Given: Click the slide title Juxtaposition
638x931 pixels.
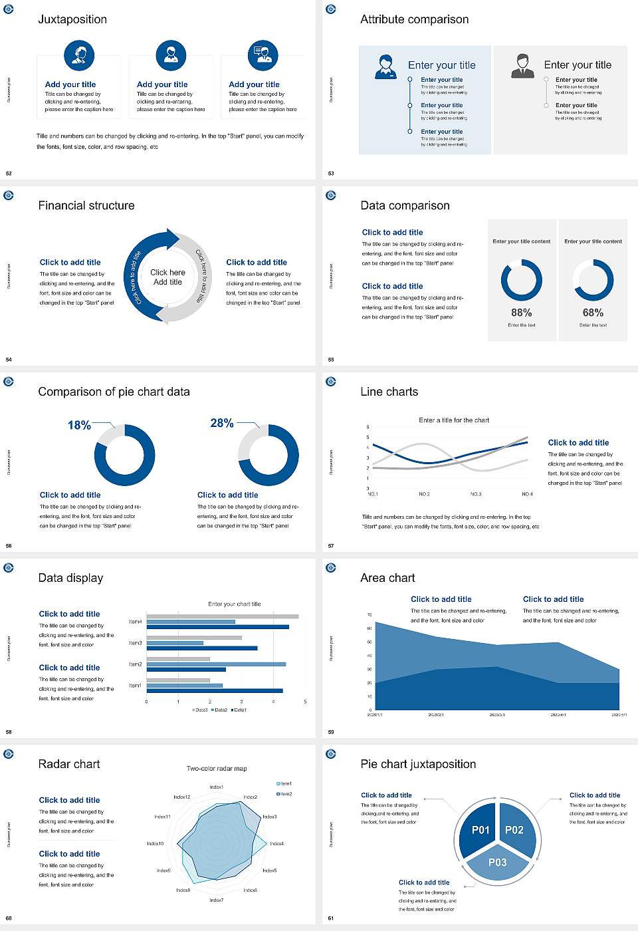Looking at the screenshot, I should tap(72, 19).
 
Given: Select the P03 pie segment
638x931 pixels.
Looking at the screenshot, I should tap(498, 863).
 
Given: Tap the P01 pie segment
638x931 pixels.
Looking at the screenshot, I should tap(480, 830).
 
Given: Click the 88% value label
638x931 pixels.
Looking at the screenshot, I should tap(522, 313).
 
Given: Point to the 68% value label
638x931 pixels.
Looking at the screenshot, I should tap(593, 313).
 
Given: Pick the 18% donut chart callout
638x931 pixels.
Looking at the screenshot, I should tap(79, 425).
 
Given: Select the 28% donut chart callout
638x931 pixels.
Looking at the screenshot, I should tap(222, 423).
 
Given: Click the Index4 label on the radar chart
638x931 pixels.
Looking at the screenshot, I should tap(277, 843).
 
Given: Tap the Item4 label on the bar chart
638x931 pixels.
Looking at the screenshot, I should tap(135, 622).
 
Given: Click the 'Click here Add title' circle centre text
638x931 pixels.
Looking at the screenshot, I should tap(167, 277).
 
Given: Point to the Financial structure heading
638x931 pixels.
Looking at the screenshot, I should tap(86, 205).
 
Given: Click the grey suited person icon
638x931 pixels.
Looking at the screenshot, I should tap(522, 66).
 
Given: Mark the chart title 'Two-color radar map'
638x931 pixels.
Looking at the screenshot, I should tap(217, 769).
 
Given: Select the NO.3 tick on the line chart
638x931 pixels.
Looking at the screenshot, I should tap(476, 494).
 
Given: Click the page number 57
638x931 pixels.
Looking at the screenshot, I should tap(331, 546).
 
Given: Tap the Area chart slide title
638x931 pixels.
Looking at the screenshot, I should tap(387, 578).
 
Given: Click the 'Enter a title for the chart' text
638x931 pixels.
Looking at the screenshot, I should tap(454, 420).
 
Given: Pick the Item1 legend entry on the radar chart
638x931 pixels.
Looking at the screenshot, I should tap(284, 783).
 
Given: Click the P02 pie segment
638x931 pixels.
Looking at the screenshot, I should tap(514, 830).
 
